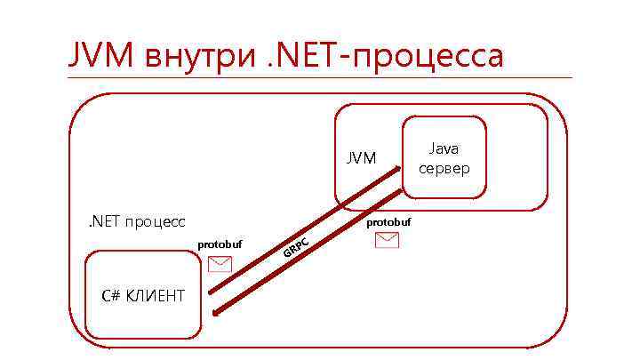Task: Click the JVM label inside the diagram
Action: coord(361,158)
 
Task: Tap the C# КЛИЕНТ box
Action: coord(142,295)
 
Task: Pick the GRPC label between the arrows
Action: coord(295,250)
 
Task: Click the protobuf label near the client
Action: coord(220,244)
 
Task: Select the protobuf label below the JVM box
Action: coord(388,221)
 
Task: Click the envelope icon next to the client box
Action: coord(219,264)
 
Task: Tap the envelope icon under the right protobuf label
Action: coord(388,240)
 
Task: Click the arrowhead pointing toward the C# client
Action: coord(216,310)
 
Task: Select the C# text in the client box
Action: coord(112,295)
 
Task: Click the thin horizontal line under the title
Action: coord(320,78)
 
